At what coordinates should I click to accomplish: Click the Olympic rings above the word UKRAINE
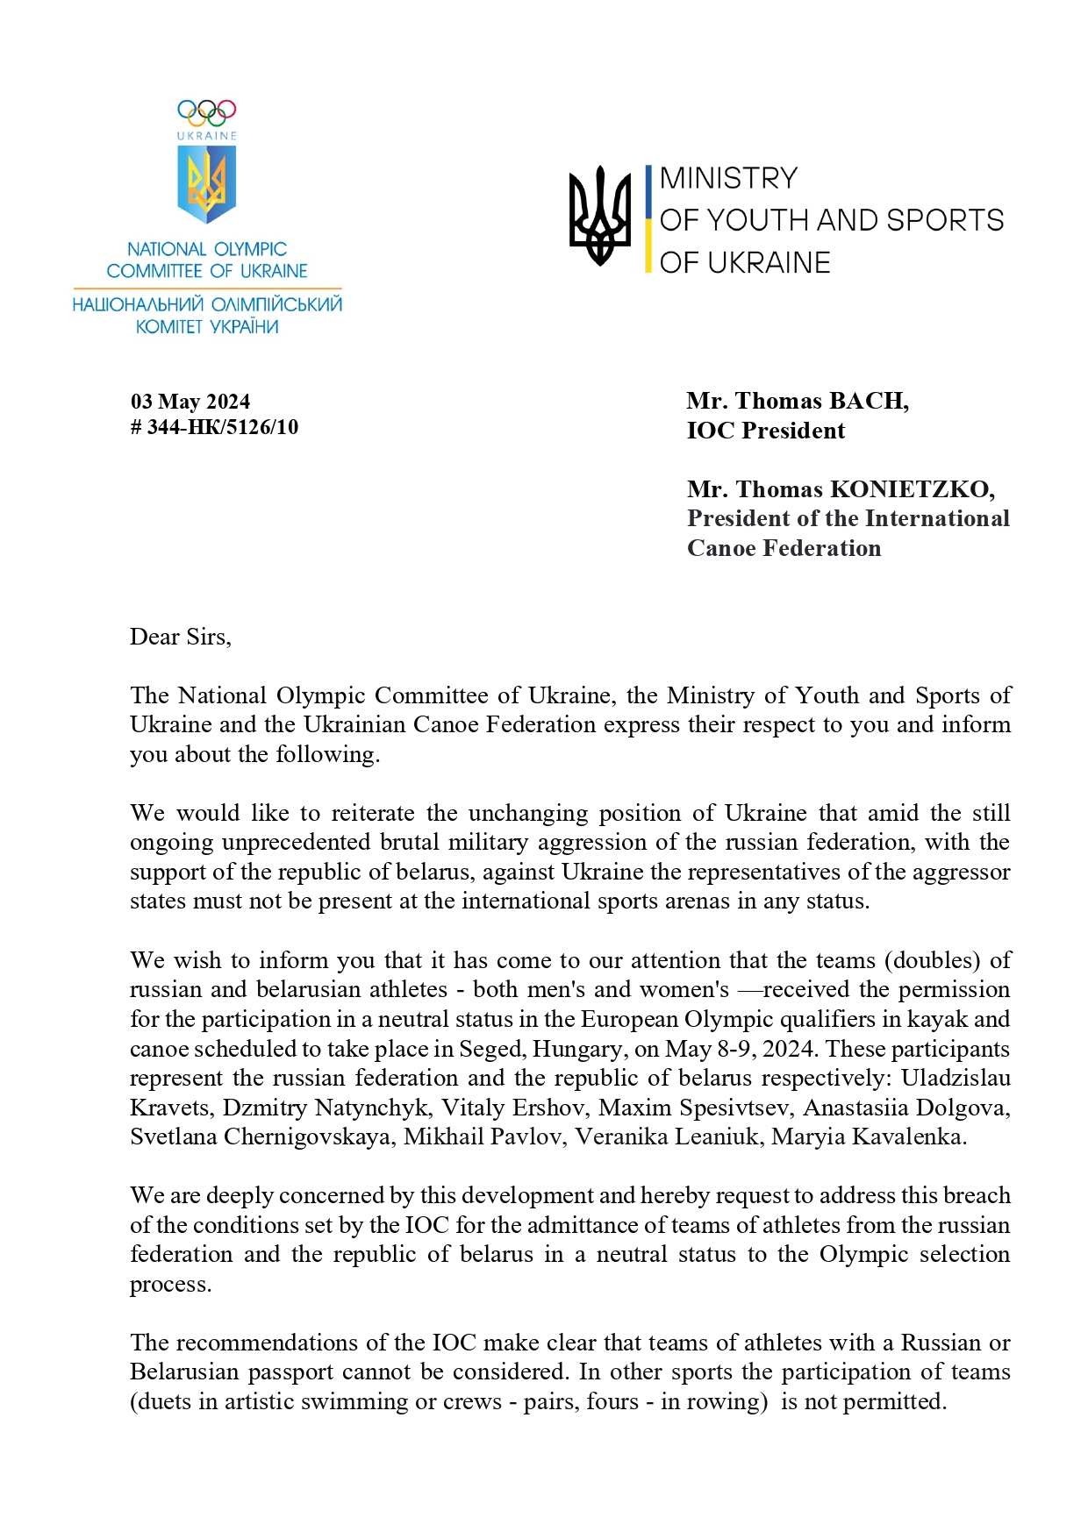click(x=207, y=112)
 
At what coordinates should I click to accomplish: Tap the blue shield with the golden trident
click(x=207, y=183)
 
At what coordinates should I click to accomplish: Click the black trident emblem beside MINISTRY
click(x=600, y=216)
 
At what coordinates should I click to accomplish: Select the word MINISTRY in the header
click(x=728, y=178)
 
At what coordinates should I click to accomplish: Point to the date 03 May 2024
click(x=190, y=402)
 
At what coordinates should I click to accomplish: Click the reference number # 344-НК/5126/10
click(x=214, y=427)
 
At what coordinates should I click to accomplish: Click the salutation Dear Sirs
click(x=180, y=637)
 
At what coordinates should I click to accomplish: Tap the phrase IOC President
click(x=766, y=431)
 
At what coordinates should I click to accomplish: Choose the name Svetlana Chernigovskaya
click(x=260, y=1137)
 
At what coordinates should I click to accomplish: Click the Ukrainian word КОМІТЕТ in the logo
click(x=168, y=327)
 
